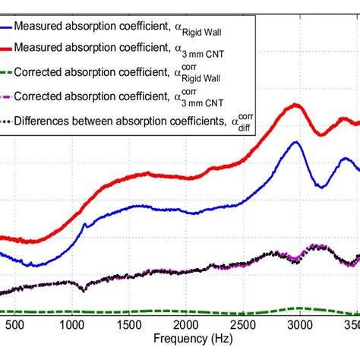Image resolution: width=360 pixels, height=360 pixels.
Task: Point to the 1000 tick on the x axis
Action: coord(71,324)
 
